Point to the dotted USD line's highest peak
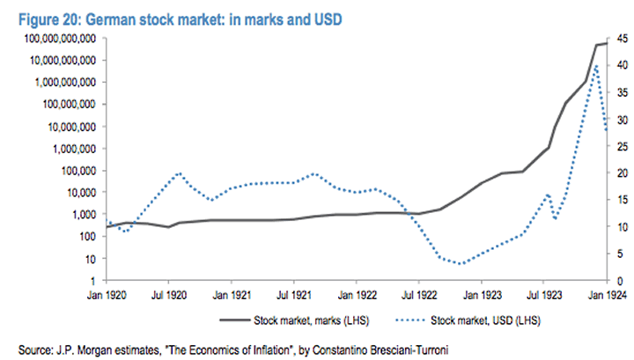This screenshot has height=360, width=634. point(597,65)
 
